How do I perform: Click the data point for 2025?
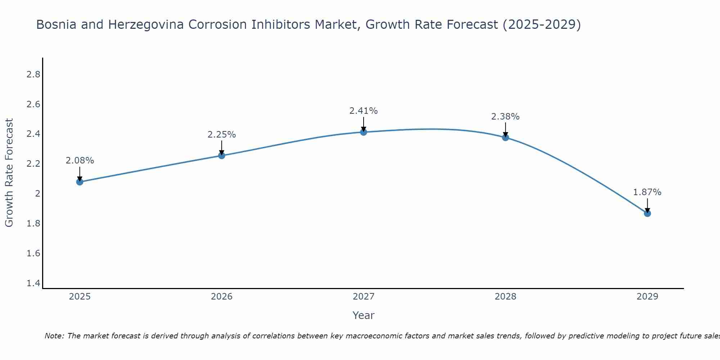click(80, 182)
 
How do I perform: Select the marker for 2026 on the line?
click(221, 156)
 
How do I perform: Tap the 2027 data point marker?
click(364, 132)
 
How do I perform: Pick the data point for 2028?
click(505, 137)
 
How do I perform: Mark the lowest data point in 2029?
click(647, 213)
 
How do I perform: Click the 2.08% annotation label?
click(80, 161)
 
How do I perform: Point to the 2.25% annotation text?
click(221, 135)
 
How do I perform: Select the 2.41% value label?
click(364, 111)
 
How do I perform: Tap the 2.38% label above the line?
click(505, 117)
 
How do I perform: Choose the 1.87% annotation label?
click(647, 192)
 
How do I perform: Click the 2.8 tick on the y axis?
click(33, 75)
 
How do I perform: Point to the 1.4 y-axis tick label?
click(33, 283)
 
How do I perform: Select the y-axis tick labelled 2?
click(37, 194)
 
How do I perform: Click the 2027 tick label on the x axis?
click(364, 297)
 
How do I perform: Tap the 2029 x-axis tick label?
click(647, 297)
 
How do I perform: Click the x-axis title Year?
click(364, 315)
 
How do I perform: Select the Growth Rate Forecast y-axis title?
click(9, 173)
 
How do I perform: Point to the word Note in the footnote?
click(54, 336)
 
